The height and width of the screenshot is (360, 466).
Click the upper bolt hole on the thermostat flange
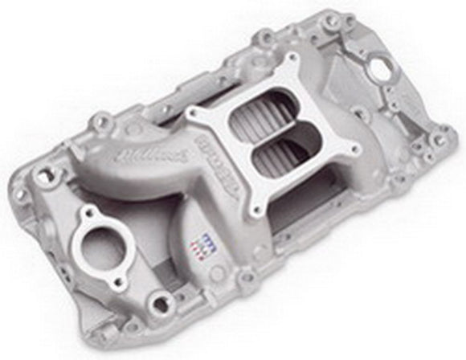coord(84,214)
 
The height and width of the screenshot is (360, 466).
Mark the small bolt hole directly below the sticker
coord(247,278)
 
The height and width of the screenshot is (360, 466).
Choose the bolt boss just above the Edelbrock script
coord(102,123)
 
